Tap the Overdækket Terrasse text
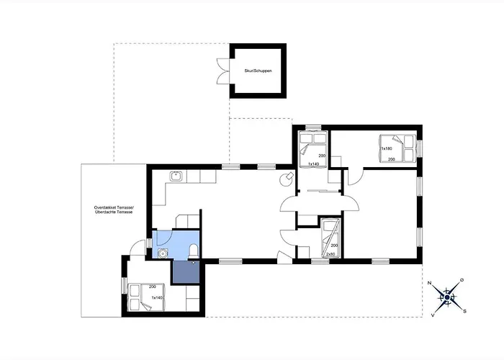114,209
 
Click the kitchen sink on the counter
174,175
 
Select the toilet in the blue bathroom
194,250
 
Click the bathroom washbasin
163,252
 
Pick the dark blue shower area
184,271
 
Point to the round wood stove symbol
287,175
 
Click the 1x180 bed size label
386,148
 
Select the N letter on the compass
429,284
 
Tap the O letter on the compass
462,280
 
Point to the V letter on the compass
432,314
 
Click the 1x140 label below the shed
312,165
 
